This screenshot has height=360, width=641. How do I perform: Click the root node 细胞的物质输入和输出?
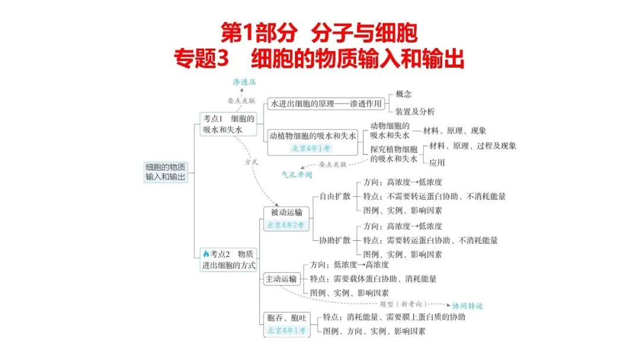click(x=166, y=172)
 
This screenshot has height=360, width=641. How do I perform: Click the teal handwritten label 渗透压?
click(x=244, y=82)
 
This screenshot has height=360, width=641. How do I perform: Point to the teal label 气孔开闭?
click(x=297, y=176)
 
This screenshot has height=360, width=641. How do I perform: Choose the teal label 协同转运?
click(x=468, y=307)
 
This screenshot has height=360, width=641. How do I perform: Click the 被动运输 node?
click(x=286, y=212)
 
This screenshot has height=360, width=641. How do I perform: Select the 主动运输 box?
click(x=281, y=279)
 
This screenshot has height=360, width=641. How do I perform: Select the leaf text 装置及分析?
click(x=415, y=111)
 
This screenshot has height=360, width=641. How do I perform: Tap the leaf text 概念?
click(x=404, y=94)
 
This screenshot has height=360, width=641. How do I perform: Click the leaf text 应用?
click(x=437, y=162)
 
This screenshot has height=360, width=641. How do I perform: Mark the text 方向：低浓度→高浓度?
click(x=350, y=265)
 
